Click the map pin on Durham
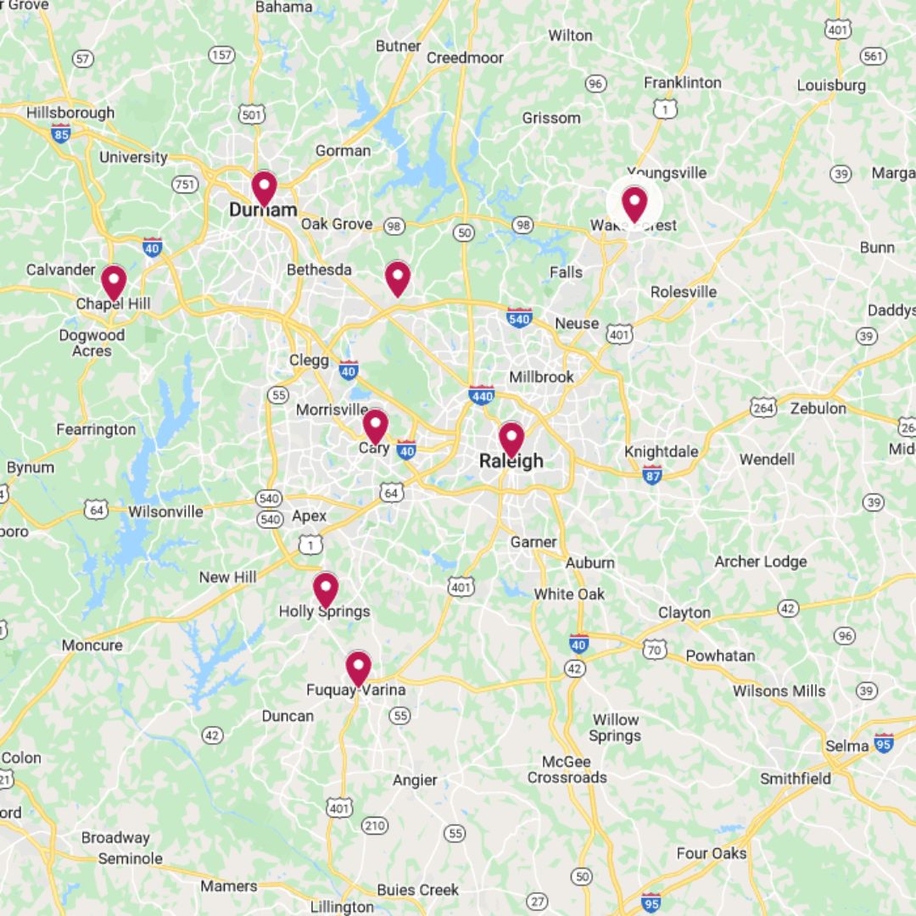click(x=264, y=187)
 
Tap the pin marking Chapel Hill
click(x=114, y=282)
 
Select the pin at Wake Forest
click(x=634, y=204)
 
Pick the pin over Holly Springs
click(x=326, y=589)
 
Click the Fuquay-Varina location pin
click(x=358, y=667)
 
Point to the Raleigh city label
click(x=511, y=461)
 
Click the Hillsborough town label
click(x=70, y=113)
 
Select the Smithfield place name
click(x=795, y=778)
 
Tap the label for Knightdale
click(x=662, y=451)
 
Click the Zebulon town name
click(x=818, y=408)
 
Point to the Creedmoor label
click(x=465, y=58)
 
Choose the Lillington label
click(x=342, y=907)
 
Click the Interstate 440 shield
click(x=482, y=394)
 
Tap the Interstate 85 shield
click(x=60, y=132)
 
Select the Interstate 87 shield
click(x=652, y=474)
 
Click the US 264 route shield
click(x=763, y=408)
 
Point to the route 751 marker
click(x=185, y=184)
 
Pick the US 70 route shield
click(x=654, y=650)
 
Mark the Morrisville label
click(x=332, y=410)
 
